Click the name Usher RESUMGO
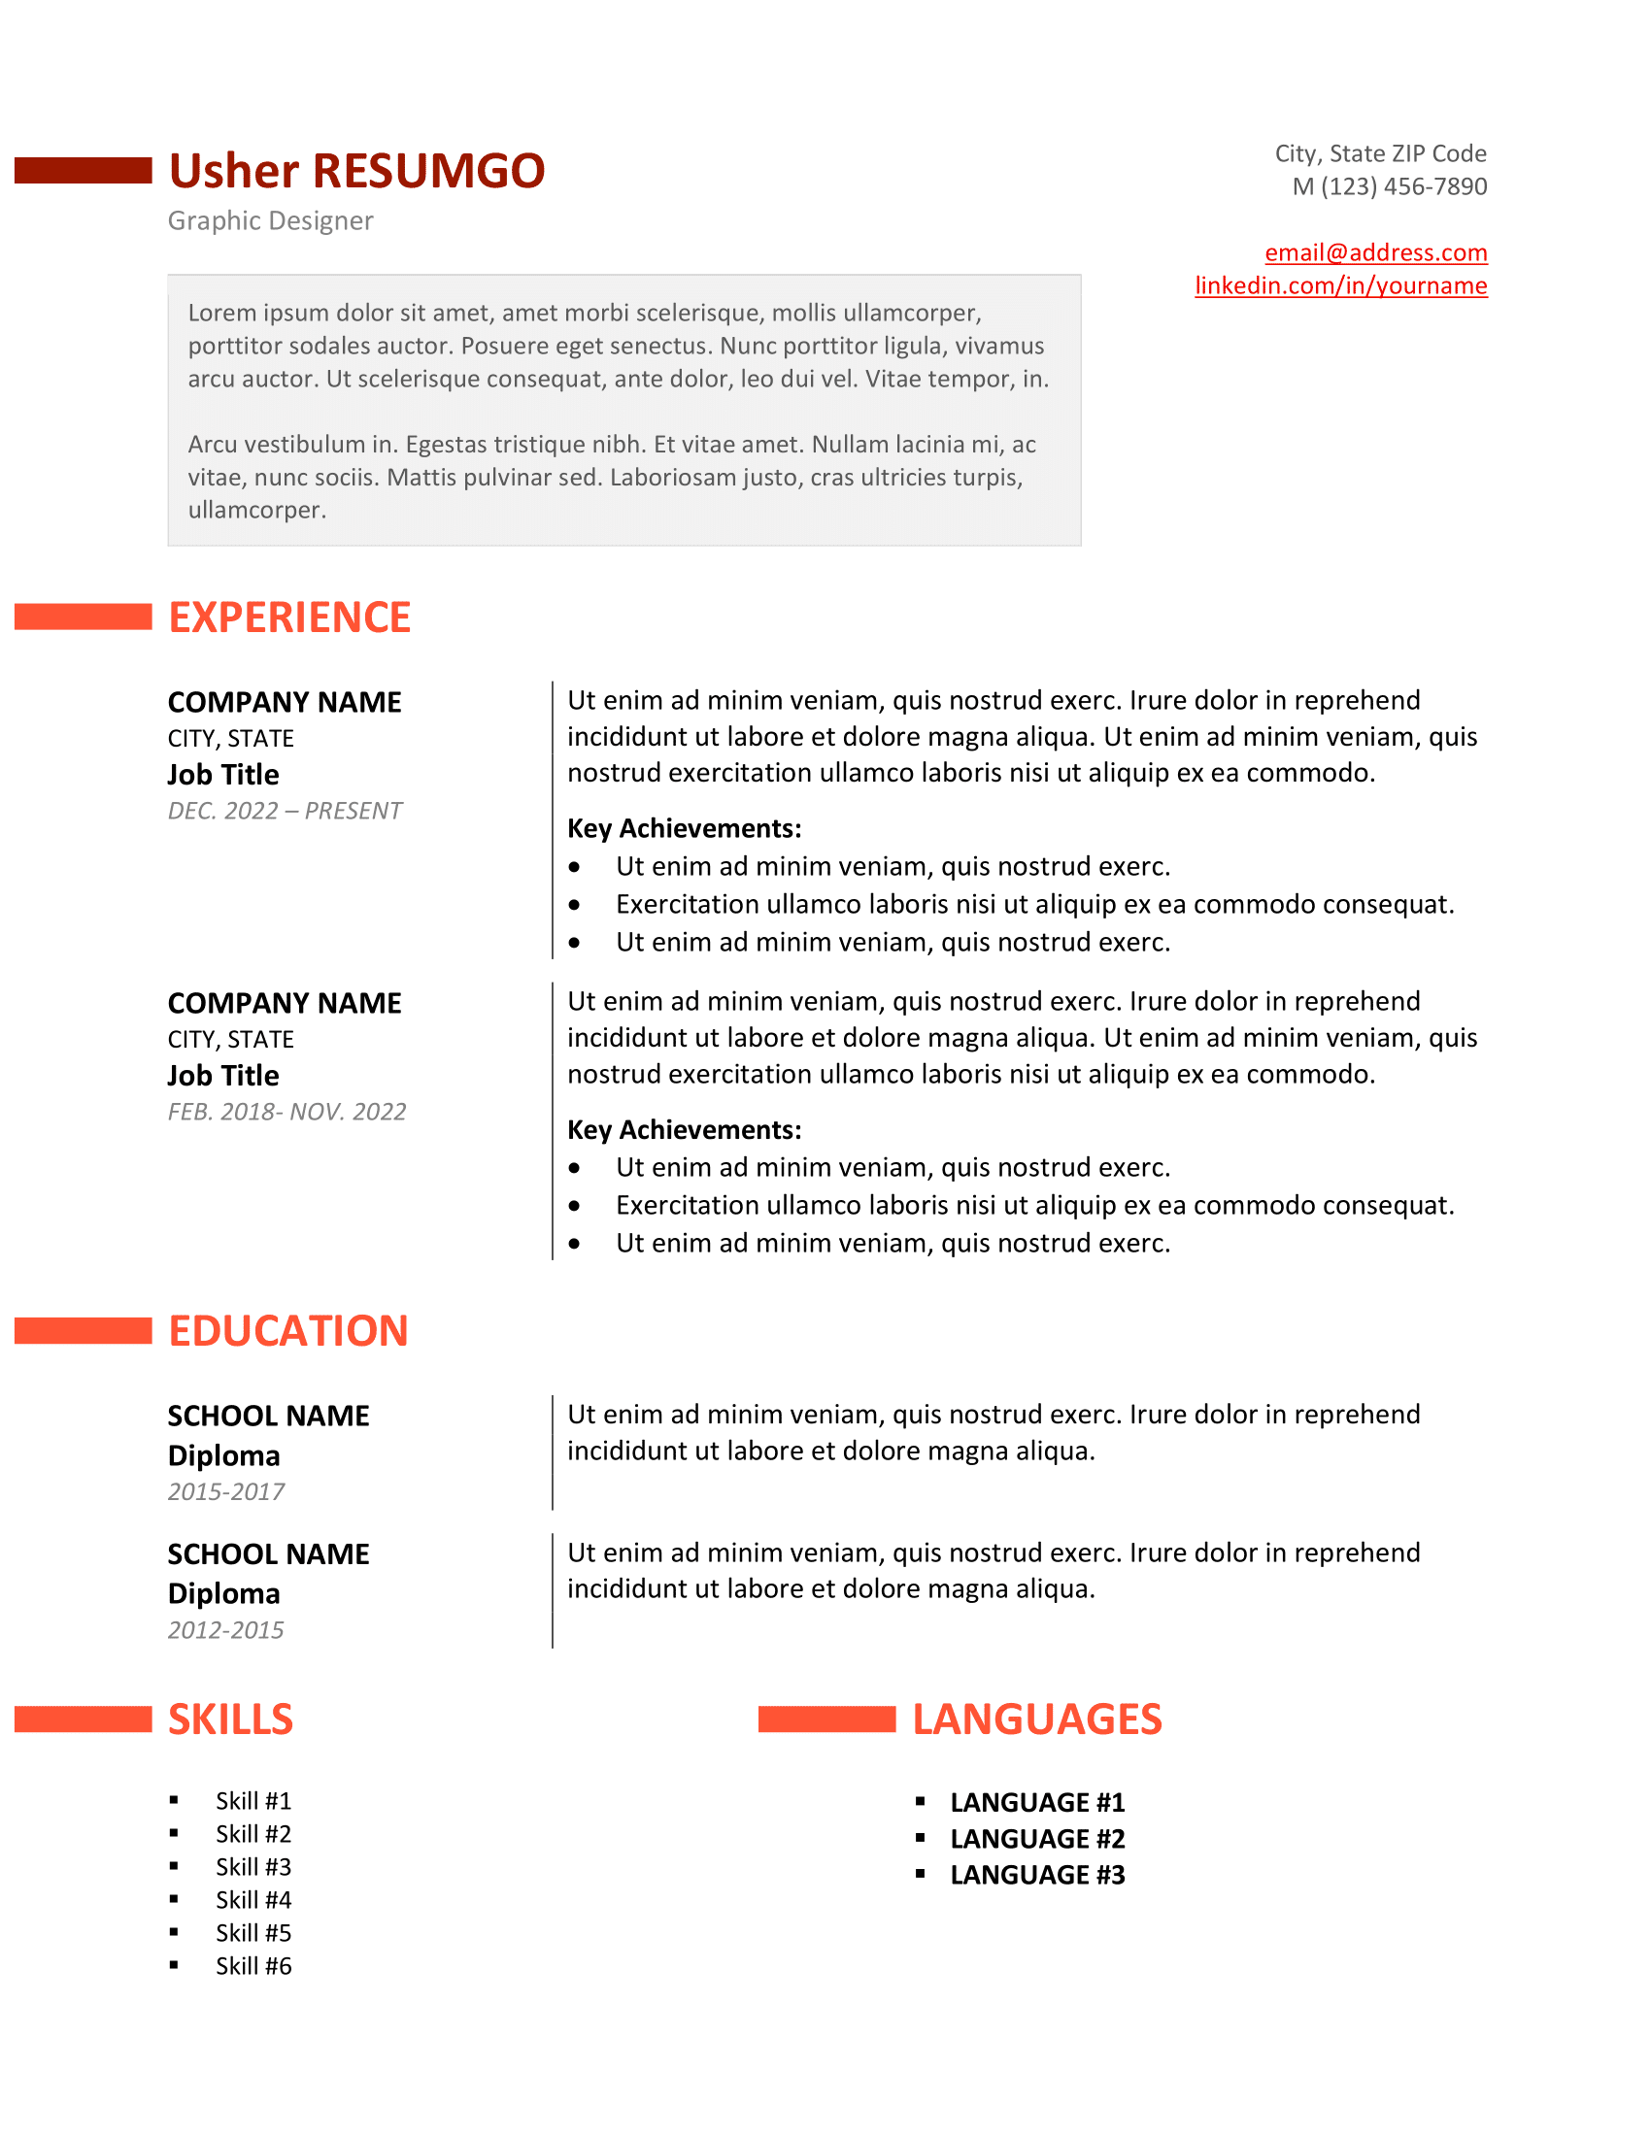click(356, 171)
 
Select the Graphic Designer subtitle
click(270, 221)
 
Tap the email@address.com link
click(1375, 252)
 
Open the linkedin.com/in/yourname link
click(1340, 285)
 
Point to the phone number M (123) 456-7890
click(1389, 185)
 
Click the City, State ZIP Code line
click(1380, 153)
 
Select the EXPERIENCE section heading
click(289, 617)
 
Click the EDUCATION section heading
click(287, 1330)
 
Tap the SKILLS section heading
click(230, 1719)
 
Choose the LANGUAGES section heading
click(1037, 1719)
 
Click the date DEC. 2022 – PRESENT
click(285, 811)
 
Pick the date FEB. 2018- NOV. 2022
click(286, 1112)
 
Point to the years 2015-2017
click(226, 1491)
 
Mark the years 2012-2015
click(226, 1629)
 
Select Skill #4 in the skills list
click(253, 1899)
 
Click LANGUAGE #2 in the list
click(1037, 1839)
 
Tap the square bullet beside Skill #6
click(174, 1965)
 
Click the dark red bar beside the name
click(84, 170)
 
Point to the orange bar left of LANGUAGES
click(826, 1719)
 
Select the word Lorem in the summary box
click(218, 313)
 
